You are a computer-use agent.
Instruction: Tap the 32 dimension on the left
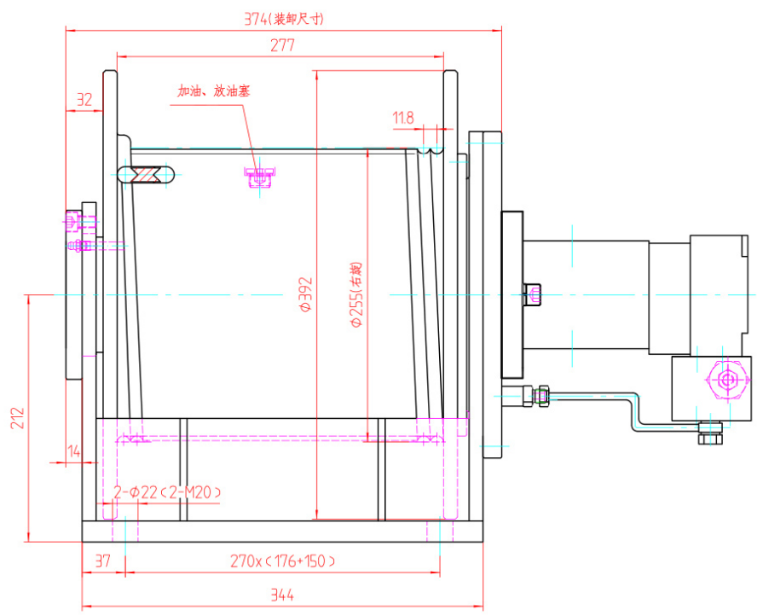[84, 100]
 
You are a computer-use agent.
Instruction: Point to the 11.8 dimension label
[403, 118]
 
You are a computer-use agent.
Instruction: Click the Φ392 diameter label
[305, 295]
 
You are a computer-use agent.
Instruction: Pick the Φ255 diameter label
[355, 295]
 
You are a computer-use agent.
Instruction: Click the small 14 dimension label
[74, 453]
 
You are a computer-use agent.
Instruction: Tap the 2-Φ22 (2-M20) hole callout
[168, 492]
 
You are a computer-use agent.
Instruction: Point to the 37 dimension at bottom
[103, 561]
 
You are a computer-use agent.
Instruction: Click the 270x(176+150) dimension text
[282, 561]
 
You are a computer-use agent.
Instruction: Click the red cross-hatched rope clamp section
[150, 174]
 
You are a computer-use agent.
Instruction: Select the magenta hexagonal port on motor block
[726, 378]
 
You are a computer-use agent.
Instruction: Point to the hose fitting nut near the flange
[540, 394]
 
